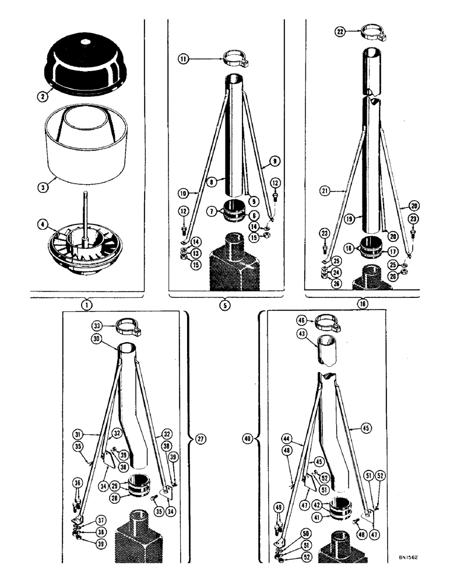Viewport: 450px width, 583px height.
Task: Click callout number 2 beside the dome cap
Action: point(41,98)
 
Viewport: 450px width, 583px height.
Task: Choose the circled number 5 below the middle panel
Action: point(226,303)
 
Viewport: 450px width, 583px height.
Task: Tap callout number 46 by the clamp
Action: point(301,321)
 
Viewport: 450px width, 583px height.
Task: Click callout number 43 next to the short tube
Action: point(301,337)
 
